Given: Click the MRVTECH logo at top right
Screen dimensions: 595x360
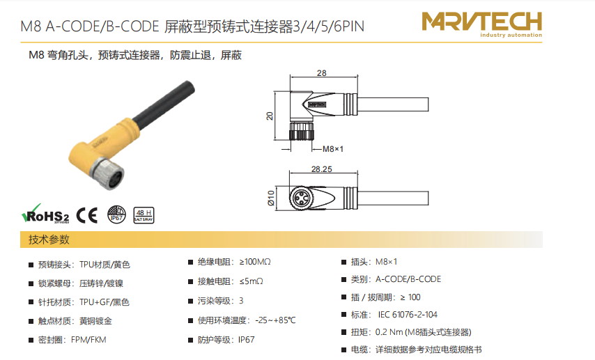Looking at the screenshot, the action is click(482, 24).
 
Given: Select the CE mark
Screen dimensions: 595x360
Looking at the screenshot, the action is click(87, 215).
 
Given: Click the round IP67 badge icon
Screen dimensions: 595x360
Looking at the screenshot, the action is click(116, 214).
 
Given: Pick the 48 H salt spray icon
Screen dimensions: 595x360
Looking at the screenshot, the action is click(144, 215).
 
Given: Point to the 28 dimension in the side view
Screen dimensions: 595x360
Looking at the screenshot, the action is click(321, 73).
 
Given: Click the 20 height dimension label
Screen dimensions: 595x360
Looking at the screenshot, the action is click(270, 116).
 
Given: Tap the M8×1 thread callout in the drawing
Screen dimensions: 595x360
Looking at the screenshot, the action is click(333, 149).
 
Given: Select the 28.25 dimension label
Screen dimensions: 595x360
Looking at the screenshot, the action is click(321, 169).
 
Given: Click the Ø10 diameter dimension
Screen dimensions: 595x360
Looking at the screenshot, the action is click(270, 198).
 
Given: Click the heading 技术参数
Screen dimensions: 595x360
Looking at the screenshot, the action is click(49, 240).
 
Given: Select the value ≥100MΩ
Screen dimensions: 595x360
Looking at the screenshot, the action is click(255, 262).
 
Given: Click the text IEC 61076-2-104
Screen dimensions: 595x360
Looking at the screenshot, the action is click(407, 315).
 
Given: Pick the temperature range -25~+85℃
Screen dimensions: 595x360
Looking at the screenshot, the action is click(275, 320).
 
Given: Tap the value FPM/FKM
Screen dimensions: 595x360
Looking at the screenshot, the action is click(88, 340).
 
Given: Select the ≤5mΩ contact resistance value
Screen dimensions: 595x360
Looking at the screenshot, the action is click(252, 281).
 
